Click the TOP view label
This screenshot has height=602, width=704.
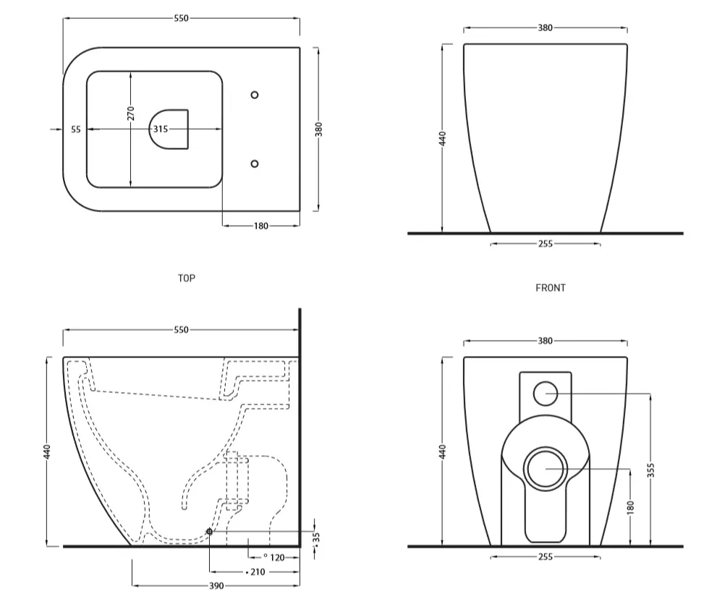tap(186, 277)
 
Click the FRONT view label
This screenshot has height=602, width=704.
tap(550, 287)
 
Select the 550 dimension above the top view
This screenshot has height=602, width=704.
tap(181, 19)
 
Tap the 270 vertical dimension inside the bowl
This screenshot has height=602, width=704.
tap(130, 114)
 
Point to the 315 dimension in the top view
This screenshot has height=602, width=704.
tap(160, 129)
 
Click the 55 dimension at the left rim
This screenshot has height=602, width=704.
tap(76, 129)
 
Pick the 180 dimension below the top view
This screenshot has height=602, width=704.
tap(261, 226)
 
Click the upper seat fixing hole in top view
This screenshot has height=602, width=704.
tap(254, 95)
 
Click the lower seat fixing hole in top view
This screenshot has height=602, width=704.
tap(254, 164)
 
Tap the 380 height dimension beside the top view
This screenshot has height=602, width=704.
tap(318, 129)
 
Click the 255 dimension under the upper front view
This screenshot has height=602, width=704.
tap(545, 244)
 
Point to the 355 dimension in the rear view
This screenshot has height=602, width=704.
tap(650, 471)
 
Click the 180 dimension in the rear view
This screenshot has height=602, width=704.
tap(630, 506)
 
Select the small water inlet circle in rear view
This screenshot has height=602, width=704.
tap(545, 393)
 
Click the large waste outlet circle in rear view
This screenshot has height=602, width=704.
tap(545, 468)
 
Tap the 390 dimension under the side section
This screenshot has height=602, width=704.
tap(216, 585)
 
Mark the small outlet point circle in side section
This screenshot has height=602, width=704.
tap(209, 532)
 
